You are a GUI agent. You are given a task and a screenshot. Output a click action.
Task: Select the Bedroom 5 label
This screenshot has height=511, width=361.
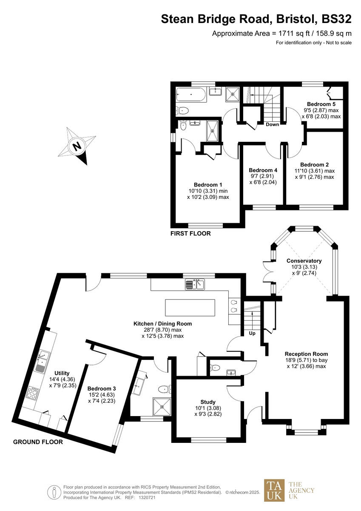point(318,104)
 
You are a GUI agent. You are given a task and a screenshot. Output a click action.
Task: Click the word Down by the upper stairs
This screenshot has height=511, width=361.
point(272,124)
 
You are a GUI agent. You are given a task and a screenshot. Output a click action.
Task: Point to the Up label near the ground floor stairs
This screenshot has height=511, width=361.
point(252,333)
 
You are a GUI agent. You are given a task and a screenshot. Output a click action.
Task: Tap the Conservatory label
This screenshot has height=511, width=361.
point(304,261)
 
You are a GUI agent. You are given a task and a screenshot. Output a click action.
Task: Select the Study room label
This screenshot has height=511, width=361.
point(208,402)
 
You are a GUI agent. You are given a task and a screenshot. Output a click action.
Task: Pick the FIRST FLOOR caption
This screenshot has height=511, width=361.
point(190,234)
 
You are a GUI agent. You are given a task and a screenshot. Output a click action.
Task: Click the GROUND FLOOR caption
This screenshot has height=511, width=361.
point(38,442)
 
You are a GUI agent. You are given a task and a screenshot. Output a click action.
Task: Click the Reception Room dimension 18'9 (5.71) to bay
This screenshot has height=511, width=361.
point(306,360)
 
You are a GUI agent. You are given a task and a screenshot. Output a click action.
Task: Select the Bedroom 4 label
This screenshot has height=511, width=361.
point(262,169)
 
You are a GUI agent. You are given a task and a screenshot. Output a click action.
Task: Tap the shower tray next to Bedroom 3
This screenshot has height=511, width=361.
point(161,406)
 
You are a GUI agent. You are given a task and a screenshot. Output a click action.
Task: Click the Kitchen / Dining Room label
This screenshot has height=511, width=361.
point(162,324)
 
